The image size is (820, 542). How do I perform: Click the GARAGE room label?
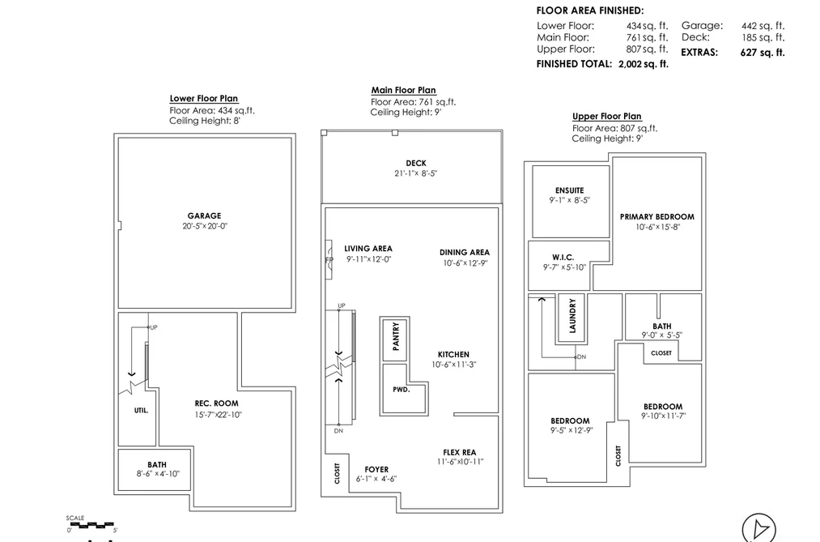[x=204, y=216]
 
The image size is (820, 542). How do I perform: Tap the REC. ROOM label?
[x=216, y=403]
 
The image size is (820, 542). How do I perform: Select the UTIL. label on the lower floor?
[x=141, y=411]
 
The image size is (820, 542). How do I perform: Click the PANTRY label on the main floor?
[x=396, y=336]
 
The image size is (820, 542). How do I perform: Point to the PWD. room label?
[x=402, y=390]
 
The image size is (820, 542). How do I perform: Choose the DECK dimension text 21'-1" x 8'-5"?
[x=416, y=173]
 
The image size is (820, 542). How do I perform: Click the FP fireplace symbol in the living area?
[x=329, y=259]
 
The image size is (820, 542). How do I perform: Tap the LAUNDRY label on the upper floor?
[x=572, y=315]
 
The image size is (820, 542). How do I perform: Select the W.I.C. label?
[x=563, y=258]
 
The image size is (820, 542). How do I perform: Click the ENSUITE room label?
[x=570, y=190]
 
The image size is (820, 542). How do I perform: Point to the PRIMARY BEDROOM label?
[x=657, y=216]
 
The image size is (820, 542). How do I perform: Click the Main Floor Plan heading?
[x=404, y=90]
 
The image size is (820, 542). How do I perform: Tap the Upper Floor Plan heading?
[x=606, y=116]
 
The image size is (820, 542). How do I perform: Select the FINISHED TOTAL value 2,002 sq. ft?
[x=644, y=64]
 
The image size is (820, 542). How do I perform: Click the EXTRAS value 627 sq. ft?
[x=763, y=53]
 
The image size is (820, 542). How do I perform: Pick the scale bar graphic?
[x=92, y=524]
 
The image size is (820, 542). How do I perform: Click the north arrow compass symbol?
[x=758, y=527]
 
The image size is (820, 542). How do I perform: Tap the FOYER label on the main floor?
[x=376, y=470]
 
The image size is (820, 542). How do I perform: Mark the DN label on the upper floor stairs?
[x=581, y=356]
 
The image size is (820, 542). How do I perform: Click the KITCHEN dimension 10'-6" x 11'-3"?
[x=454, y=365]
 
